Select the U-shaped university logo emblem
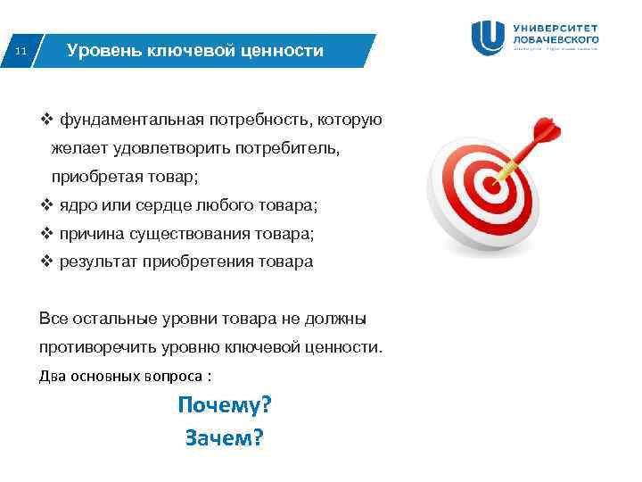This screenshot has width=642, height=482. point(489,38)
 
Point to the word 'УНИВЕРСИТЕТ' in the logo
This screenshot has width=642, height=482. point(556,28)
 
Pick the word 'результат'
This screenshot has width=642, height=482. point(95,262)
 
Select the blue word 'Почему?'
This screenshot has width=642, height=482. point(224,405)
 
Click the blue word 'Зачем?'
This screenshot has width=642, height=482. point(224,437)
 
